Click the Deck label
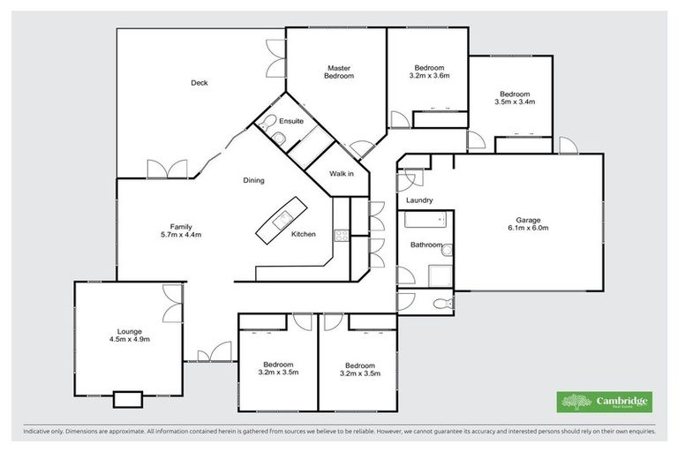click(199, 84)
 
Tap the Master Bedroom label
click(339, 72)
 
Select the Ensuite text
click(291, 120)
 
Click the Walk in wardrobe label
click(341, 173)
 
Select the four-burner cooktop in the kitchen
click(340, 235)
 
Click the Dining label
click(253, 181)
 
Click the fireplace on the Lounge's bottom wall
click(127, 399)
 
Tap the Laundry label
click(418, 200)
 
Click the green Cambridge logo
click(605, 402)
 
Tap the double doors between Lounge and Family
click(173, 304)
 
